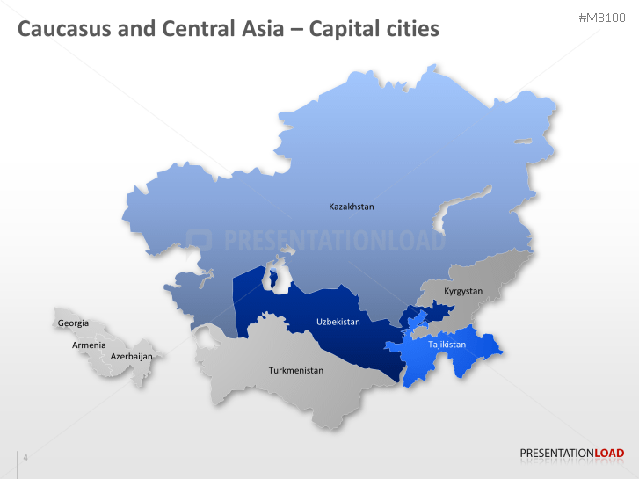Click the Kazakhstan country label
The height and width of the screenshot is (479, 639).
pos(352,207)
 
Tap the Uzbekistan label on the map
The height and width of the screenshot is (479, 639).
pos(338,322)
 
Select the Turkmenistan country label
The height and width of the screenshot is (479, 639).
pos(296,370)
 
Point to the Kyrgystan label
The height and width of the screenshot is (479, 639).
pos(463,291)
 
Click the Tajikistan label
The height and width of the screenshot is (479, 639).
pos(447,345)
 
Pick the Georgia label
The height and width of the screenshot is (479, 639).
pos(73,323)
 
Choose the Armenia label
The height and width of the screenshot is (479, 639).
pos(89,345)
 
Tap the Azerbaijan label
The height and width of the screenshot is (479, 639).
pos(132,357)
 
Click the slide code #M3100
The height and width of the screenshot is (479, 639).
pos(602,18)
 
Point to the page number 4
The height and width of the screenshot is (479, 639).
pos(25,458)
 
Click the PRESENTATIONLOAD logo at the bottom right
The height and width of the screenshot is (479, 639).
pos(572,454)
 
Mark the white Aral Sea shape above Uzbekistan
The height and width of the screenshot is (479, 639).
pos(276,279)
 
